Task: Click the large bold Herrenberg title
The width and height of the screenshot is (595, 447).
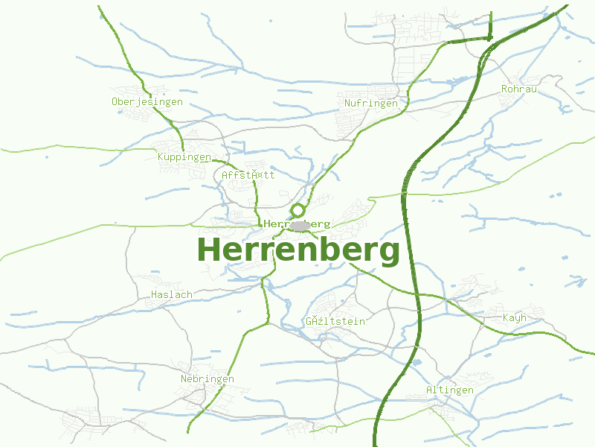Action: point(298,250)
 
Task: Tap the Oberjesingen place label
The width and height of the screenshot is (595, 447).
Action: point(147,102)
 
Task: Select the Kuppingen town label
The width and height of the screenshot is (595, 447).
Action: point(184,157)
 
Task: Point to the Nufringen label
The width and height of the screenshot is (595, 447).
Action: point(371,103)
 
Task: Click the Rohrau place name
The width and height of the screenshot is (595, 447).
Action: point(519,89)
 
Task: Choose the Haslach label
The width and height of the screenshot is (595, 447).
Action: point(171,294)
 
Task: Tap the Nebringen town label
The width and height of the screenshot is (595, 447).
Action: point(207,378)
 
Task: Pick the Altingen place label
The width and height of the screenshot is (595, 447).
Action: point(449,390)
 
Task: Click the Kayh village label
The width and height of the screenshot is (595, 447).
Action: point(514,317)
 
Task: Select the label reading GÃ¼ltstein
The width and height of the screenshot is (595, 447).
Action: point(335,321)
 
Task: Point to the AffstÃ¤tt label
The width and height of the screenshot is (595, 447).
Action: point(248,175)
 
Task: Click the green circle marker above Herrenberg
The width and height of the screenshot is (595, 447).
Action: point(298,210)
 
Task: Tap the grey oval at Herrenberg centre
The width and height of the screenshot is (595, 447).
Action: point(300,225)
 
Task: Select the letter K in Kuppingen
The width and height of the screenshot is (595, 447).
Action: point(161,157)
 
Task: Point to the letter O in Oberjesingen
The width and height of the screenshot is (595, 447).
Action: point(115,102)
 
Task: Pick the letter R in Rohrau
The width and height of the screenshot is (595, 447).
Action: point(505,89)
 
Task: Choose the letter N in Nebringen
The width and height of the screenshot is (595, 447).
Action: point(184,378)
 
